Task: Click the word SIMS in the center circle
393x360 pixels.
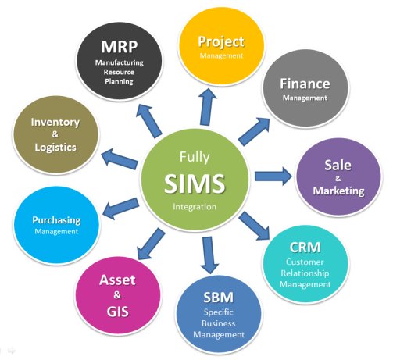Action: pyautogui.click(x=195, y=184)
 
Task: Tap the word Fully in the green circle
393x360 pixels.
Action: pyautogui.click(x=195, y=157)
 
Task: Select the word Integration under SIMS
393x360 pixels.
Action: pyautogui.click(x=195, y=207)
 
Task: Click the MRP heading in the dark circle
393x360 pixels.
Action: pyautogui.click(x=120, y=47)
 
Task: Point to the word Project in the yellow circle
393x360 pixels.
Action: pyautogui.click(x=221, y=42)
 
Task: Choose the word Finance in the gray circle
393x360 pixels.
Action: pyautogui.click(x=305, y=84)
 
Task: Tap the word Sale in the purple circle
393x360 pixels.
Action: pyautogui.click(x=338, y=165)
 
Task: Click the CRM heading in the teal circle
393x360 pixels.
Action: pyautogui.click(x=305, y=248)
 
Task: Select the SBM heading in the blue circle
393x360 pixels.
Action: pyautogui.click(x=219, y=298)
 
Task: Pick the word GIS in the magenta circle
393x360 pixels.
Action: pyautogui.click(x=118, y=312)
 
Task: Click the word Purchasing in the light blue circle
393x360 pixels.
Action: pyautogui.click(x=56, y=221)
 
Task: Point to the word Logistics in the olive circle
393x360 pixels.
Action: pyautogui.click(x=55, y=148)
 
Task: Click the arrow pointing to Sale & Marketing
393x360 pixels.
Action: pyautogui.click(x=273, y=176)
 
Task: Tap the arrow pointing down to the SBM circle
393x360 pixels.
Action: pyautogui.click(x=209, y=255)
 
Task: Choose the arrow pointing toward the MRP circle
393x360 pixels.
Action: pyautogui.click(x=148, y=120)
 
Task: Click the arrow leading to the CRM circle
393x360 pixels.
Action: pyautogui.click(x=255, y=226)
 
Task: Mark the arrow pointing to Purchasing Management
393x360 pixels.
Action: pyautogui.click(x=120, y=209)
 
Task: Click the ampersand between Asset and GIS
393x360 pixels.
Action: pyautogui.click(x=117, y=295)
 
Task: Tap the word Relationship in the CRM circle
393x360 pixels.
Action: pyautogui.click(x=305, y=273)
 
